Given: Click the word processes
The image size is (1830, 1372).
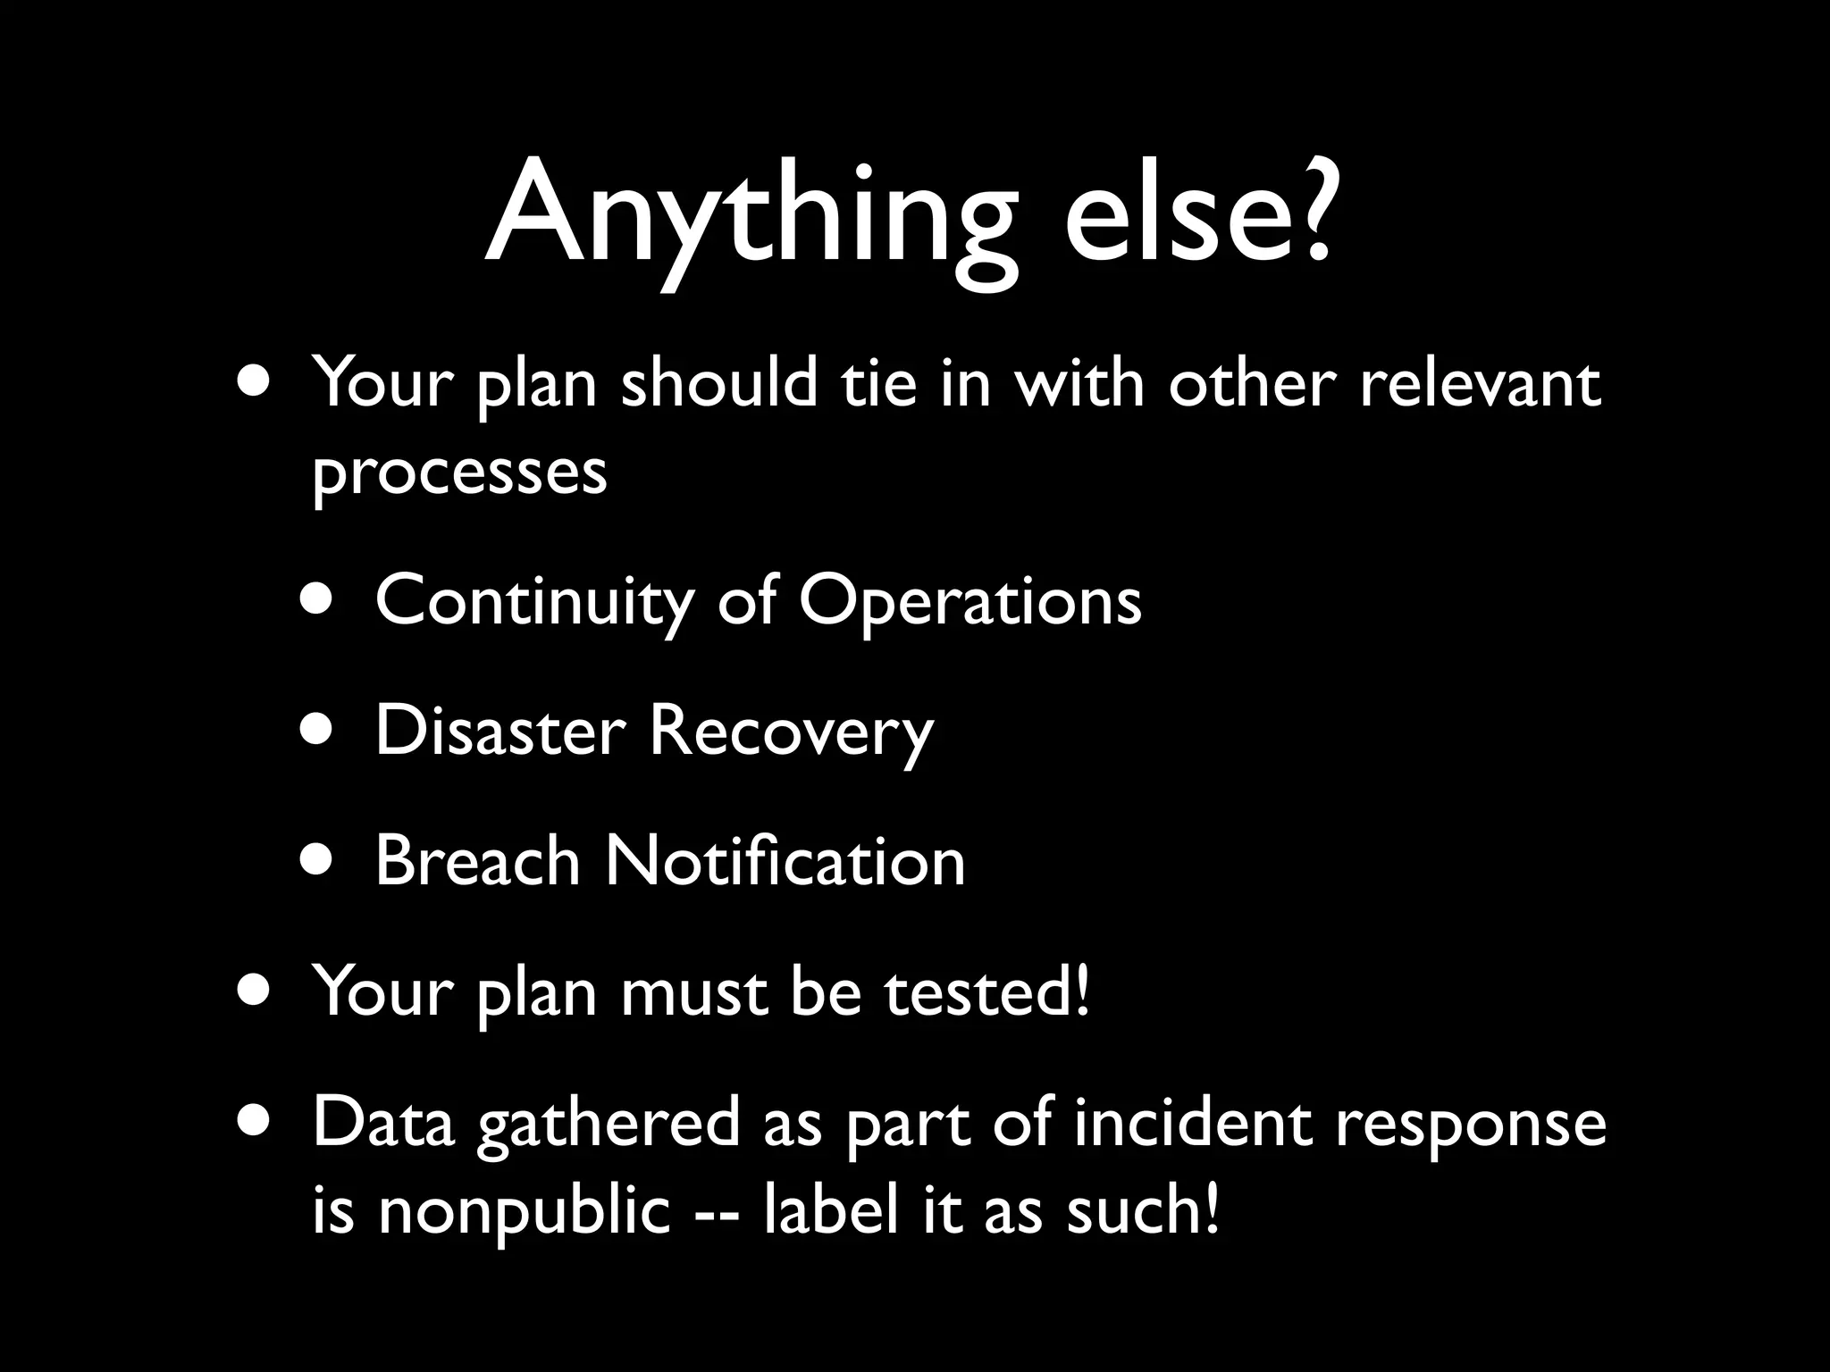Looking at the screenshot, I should (x=459, y=473).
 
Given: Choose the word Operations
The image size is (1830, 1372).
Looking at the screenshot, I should (x=970, y=601).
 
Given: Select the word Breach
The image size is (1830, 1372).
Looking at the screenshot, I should (x=478, y=861).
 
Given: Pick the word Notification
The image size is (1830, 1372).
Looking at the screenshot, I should (x=785, y=861).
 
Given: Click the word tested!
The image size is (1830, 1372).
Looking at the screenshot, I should (x=988, y=991).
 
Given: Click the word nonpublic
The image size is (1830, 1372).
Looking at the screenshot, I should (x=524, y=1212).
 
